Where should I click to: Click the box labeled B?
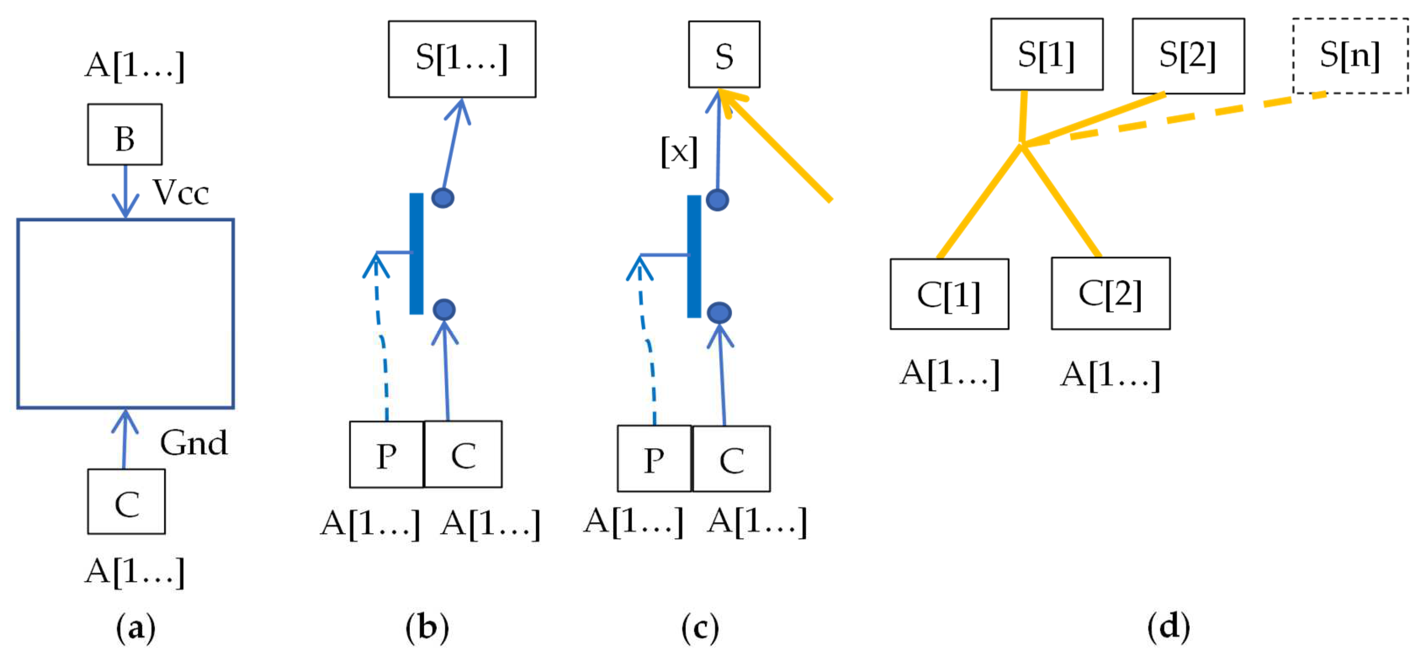pos(125,135)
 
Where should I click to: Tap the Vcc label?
pos(181,193)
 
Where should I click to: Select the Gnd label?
pos(193,443)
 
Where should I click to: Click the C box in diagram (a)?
pos(127,502)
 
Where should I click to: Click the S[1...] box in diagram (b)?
pos(462,59)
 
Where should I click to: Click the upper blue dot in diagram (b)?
pos(443,198)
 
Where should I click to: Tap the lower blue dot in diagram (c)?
pos(719,313)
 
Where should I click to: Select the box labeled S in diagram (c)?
pos(724,54)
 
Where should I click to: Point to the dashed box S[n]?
pos(1350,55)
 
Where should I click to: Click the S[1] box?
pos(1046,54)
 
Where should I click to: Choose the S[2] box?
pos(1188,55)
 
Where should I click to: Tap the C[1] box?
pos(949,294)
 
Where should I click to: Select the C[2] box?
pos(1110,294)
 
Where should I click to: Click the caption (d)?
pos(1169,627)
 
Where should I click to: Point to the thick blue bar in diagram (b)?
pos(416,254)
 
